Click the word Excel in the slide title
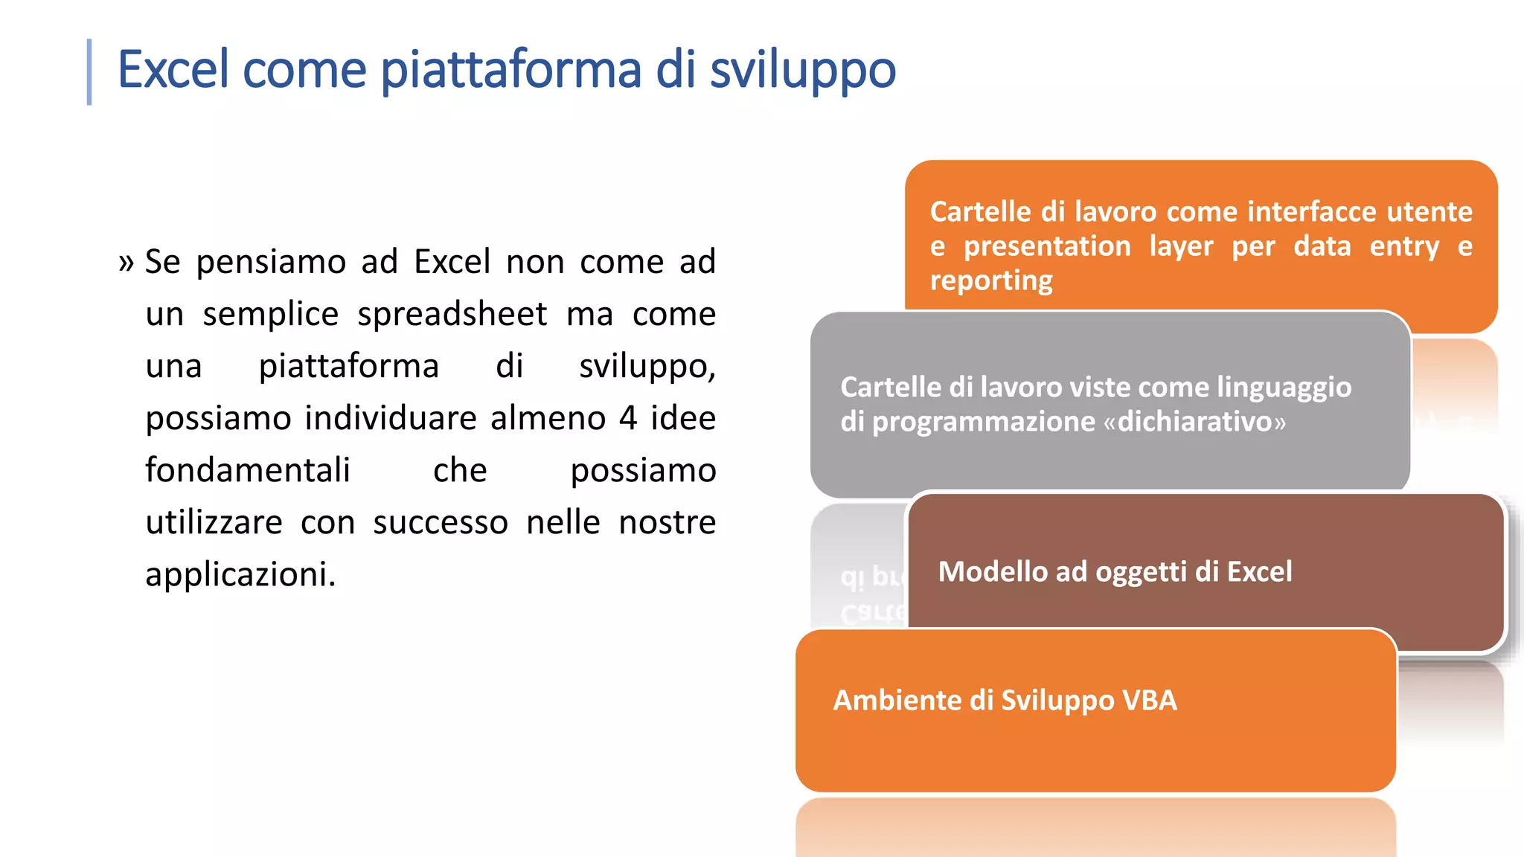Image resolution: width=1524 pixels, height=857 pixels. tap(173, 69)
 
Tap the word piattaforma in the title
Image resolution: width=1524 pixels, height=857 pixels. tap(511, 69)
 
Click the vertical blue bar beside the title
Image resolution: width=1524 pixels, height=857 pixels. tap(89, 72)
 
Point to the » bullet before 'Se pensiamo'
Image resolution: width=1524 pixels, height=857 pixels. tap(126, 263)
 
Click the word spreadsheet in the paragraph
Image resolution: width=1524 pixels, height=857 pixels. tap(452, 314)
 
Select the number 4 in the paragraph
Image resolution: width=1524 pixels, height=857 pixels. tap(628, 418)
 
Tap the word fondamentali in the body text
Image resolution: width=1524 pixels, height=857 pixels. tap(247, 470)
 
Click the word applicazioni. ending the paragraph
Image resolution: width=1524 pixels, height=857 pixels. tap(240, 574)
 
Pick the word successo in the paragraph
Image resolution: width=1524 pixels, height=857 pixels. tap(441, 522)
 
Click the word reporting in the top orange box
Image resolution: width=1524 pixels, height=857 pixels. tap(990, 280)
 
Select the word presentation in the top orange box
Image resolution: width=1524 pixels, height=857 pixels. tap(1046, 246)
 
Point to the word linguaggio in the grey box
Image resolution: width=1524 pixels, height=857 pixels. tap(1284, 388)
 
